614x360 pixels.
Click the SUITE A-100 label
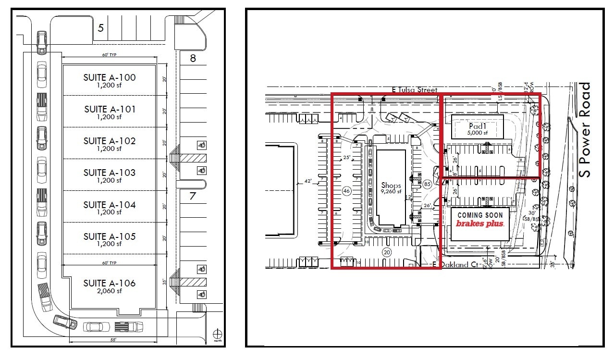click(110, 77)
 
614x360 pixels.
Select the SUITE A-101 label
click(110, 109)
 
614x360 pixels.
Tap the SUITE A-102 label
click(110, 141)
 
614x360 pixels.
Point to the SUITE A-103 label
click(110, 173)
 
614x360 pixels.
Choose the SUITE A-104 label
click(110, 205)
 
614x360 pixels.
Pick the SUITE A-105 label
click(110, 236)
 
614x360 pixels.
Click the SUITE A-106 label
click(110, 283)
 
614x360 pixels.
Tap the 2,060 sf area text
click(110, 291)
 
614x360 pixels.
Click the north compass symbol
click(218, 333)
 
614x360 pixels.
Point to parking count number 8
click(193, 58)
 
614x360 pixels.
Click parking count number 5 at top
click(100, 28)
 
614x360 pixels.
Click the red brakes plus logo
click(479, 223)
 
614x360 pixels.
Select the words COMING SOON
click(479, 215)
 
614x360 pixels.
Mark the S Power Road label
click(585, 130)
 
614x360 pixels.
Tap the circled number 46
click(346, 191)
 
